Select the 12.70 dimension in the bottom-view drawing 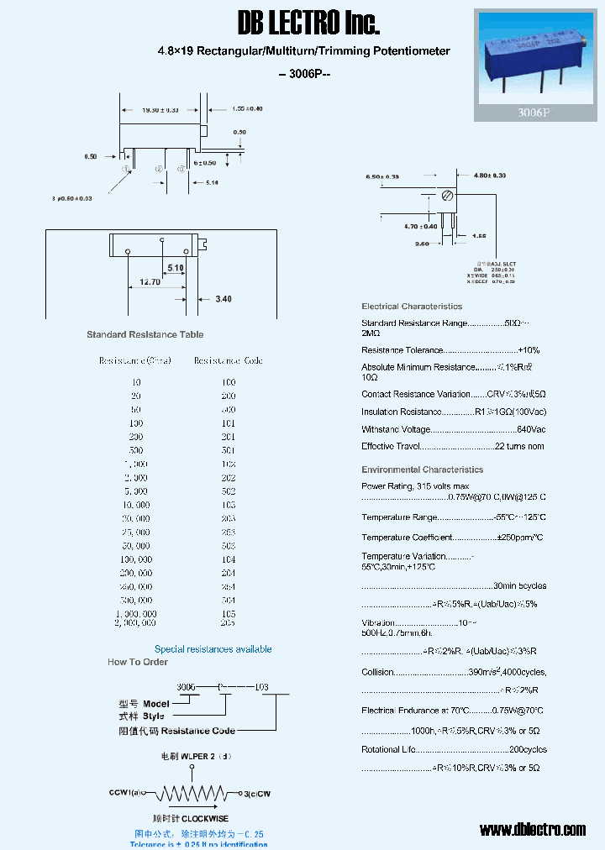(x=150, y=282)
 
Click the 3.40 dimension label (x=224, y=299)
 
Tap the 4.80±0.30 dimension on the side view (x=491, y=176)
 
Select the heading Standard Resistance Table (x=145, y=334)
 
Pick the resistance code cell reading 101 (x=229, y=424)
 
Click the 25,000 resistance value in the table (x=135, y=533)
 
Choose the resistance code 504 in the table (x=229, y=601)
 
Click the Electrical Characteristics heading (x=412, y=307)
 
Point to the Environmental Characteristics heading (x=422, y=470)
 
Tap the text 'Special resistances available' (x=213, y=649)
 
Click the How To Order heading (x=138, y=662)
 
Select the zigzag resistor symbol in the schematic (x=195, y=793)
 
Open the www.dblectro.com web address (x=532, y=830)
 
